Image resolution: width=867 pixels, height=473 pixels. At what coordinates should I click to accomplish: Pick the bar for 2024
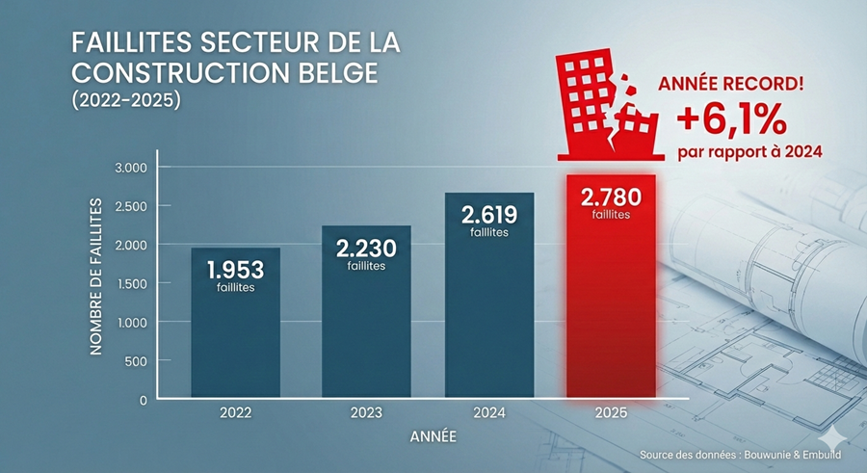tap(489, 308)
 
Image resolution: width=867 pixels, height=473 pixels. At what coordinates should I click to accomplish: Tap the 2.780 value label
tap(611, 197)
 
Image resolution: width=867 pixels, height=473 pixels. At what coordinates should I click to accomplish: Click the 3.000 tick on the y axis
tap(129, 168)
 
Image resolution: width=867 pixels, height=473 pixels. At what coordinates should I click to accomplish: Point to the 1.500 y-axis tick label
tap(129, 283)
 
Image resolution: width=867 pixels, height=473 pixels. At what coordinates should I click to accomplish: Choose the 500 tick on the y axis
tap(136, 360)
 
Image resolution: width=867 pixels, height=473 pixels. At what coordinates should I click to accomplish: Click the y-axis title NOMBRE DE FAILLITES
tap(96, 276)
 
